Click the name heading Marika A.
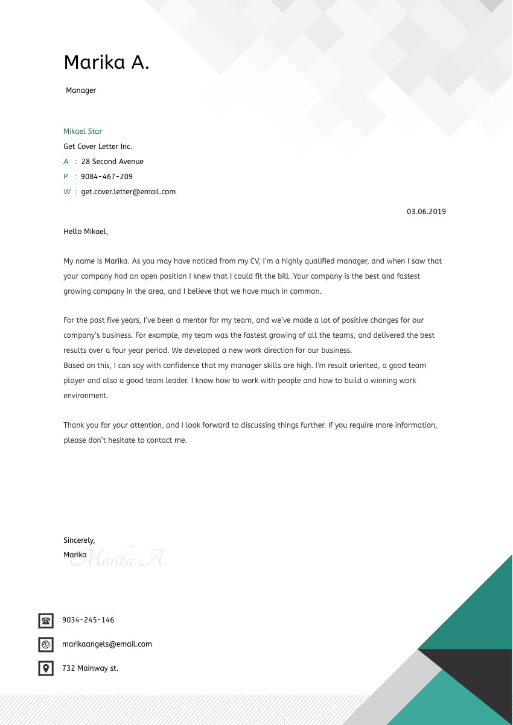click(x=106, y=62)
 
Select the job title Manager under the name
click(x=81, y=90)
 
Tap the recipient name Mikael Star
click(x=83, y=131)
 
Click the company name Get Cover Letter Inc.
click(x=98, y=147)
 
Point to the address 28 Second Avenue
click(x=112, y=162)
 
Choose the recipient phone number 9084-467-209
click(x=106, y=177)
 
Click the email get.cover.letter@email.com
click(x=128, y=192)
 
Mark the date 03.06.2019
click(x=426, y=212)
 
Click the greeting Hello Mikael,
click(x=86, y=231)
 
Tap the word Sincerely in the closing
click(x=79, y=540)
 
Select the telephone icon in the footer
click(x=46, y=620)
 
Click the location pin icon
click(x=46, y=668)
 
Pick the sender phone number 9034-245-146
click(x=88, y=620)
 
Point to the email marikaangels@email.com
click(x=107, y=644)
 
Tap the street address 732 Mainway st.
click(x=90, y=668)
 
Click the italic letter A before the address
click(x=66, y=162)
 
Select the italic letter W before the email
click(x=67, y=192)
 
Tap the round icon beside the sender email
click(x=46, y=644)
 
